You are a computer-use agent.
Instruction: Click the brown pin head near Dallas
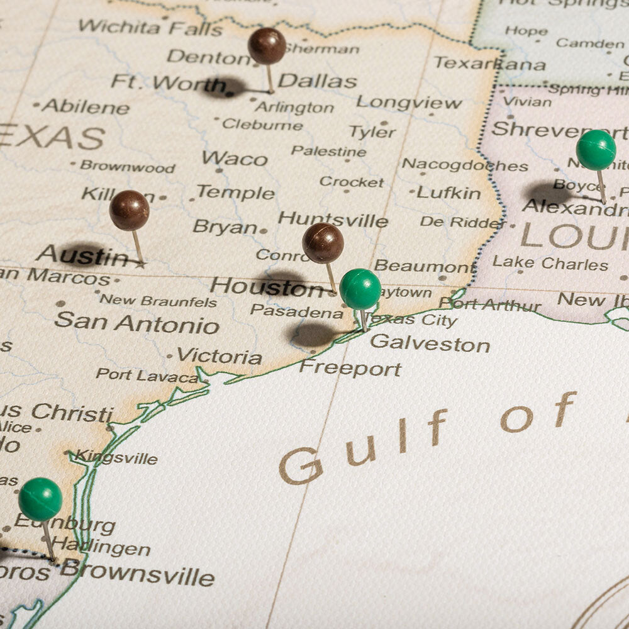point(267,46)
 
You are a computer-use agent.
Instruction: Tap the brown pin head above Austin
point(129,210)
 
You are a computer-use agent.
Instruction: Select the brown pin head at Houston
point(323,243)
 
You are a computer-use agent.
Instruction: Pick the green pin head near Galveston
point(360,289)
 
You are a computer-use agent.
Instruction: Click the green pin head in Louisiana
point(596,150)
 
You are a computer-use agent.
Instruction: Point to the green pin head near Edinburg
point(40,499)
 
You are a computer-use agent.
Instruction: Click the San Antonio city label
point(136,323)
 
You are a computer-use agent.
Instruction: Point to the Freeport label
point(350,368)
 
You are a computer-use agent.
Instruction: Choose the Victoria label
point(219,357)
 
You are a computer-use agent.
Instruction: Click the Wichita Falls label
point(150,27)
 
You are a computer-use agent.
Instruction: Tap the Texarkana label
point(489,64)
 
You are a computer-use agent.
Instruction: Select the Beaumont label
point(424,265)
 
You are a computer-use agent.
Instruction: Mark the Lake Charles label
point(550,263)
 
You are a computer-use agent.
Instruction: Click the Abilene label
point(86,107)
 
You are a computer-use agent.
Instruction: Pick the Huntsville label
point(333,220)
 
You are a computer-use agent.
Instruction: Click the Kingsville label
point(116,457)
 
